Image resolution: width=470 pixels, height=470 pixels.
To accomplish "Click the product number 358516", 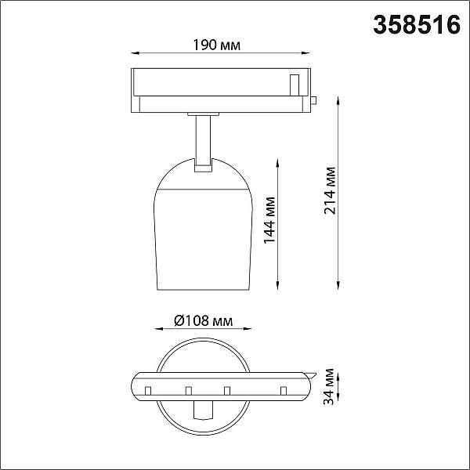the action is coord(417,25).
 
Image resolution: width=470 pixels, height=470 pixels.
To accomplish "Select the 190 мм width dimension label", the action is coord(216,45).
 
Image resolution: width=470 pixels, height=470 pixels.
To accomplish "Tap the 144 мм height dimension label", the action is coord(269,220).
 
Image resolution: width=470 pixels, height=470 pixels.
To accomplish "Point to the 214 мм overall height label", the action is coord(330,190).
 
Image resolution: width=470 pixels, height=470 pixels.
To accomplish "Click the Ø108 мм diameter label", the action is coord(203,320).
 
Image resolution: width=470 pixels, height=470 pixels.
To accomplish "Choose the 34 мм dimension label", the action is coord(329,387).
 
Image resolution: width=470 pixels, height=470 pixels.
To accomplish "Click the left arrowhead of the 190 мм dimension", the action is coord(135,53).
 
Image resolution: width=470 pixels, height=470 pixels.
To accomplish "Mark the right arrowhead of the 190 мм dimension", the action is coord(305,53).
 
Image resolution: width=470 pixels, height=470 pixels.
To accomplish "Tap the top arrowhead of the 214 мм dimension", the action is coord(338,100).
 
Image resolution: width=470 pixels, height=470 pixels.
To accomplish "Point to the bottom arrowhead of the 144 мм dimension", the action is coord(277,286).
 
